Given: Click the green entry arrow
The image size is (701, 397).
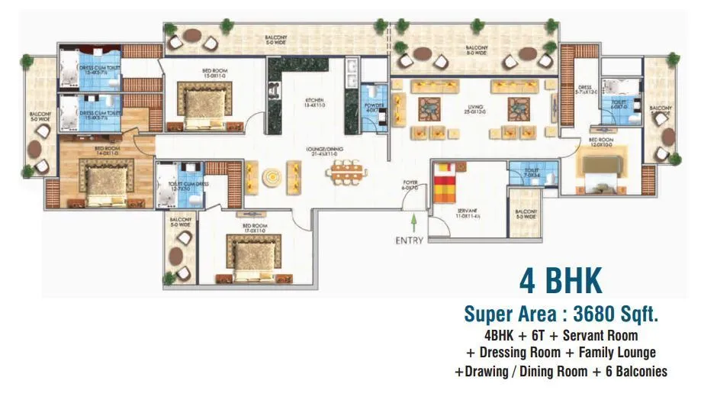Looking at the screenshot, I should [413, 222].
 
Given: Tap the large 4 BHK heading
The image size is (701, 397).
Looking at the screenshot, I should [561, 280].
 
